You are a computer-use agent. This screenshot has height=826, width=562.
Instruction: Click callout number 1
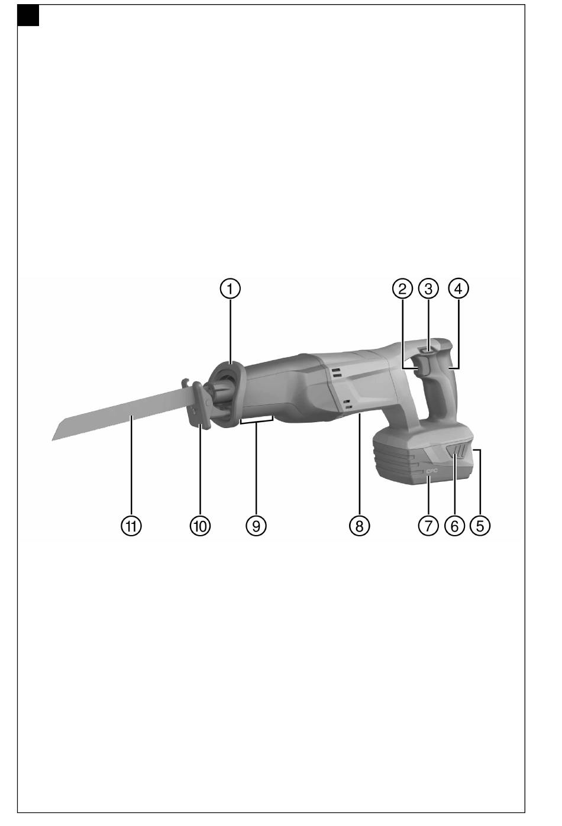click(x=230, y=289)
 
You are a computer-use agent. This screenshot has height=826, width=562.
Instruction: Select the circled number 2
click(x=402, y=289)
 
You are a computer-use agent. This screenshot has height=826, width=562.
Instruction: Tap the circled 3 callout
click(x=428, y=289)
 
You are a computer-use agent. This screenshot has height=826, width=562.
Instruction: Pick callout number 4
click(x=458, y=289)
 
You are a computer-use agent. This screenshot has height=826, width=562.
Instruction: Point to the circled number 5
click(x=480, y=526)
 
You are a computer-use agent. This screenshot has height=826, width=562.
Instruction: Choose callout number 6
click(x=454, y=526)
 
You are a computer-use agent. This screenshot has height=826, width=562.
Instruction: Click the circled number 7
click(x=428, y=526)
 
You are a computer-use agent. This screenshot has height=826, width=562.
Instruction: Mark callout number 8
click(x=359, y=526)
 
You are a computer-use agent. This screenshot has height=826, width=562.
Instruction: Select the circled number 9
click(x=256, y=526)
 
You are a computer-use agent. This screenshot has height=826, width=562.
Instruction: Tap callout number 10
click(x=200, y=526)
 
